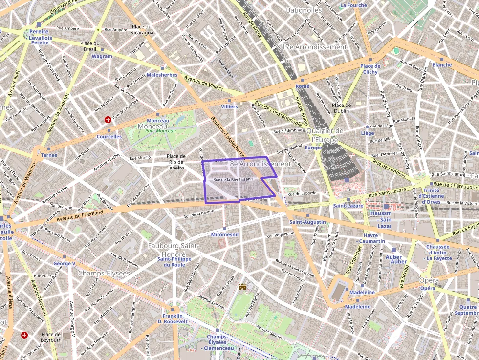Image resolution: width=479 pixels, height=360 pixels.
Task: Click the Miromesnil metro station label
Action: tap(224, 235)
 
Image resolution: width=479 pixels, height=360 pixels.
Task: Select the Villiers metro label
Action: tap(229, 106)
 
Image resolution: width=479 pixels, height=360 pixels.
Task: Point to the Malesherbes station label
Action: tap(162, 75)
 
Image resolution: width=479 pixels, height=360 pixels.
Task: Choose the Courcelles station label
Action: tap(109, 137)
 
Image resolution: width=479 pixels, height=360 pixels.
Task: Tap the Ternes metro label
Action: tap(49, 155)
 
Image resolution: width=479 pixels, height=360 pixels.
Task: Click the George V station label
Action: tap(65, 263)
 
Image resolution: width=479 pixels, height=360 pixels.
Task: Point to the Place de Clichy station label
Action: tap(370, 69)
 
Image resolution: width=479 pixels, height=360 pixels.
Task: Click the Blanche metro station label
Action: tap(442, 65)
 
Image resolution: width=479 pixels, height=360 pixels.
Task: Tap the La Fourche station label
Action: tap(353, 5)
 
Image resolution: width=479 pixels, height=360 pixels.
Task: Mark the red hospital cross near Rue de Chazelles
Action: tap(108, 119)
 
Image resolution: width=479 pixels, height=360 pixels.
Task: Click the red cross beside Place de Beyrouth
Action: tap(24, 335)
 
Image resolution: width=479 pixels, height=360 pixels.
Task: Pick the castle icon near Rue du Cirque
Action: tap(242, 287)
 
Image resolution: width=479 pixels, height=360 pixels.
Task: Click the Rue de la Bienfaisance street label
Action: tap(233, 179)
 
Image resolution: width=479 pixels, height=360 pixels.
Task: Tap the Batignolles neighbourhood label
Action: tap(304, 10)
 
